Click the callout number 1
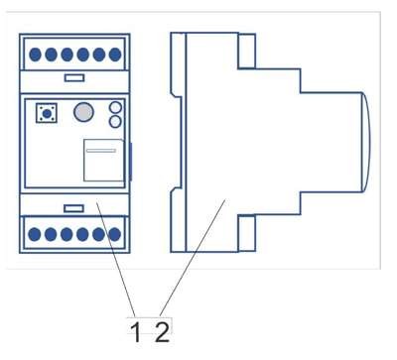point(136,332)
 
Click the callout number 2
point(162,332)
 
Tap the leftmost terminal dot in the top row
point(35,55)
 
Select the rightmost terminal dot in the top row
point(115,55)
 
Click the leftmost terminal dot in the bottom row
point(35,234)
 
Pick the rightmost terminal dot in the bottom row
point(114,234)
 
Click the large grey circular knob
point(83,112)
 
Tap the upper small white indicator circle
point(115,107)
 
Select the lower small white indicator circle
point(115,122)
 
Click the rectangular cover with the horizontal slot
point(104,161)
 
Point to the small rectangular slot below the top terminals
point(74,78)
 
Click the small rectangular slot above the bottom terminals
point(73,208)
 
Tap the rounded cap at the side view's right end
point(365,142)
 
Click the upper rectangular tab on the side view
point(246,51)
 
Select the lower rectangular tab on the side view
point(246,233)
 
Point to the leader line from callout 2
point(193,257)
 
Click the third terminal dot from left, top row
point(66,55)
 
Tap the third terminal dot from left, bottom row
point(66,234)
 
